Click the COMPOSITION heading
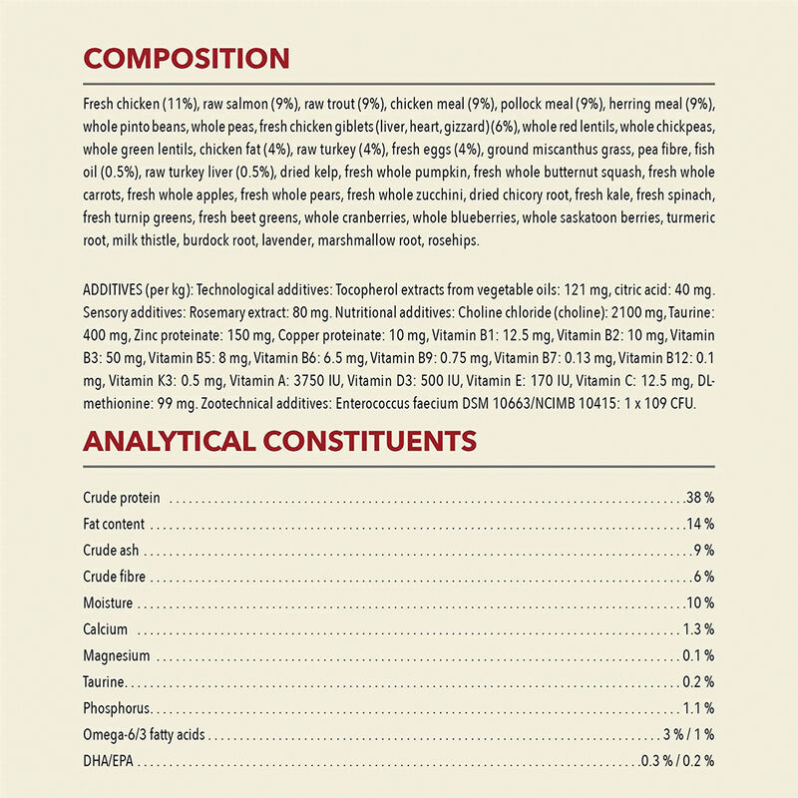[186, 58]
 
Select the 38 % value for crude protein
[700, 497]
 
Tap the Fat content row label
[114, 524]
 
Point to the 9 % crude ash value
[704, 550]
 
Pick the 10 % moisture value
[700, 603]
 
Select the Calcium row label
[106, 629]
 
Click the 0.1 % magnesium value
[697, 656]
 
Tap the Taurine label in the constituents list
[104, 682]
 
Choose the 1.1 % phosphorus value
[697, 709]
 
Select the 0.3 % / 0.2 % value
[678, 762]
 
